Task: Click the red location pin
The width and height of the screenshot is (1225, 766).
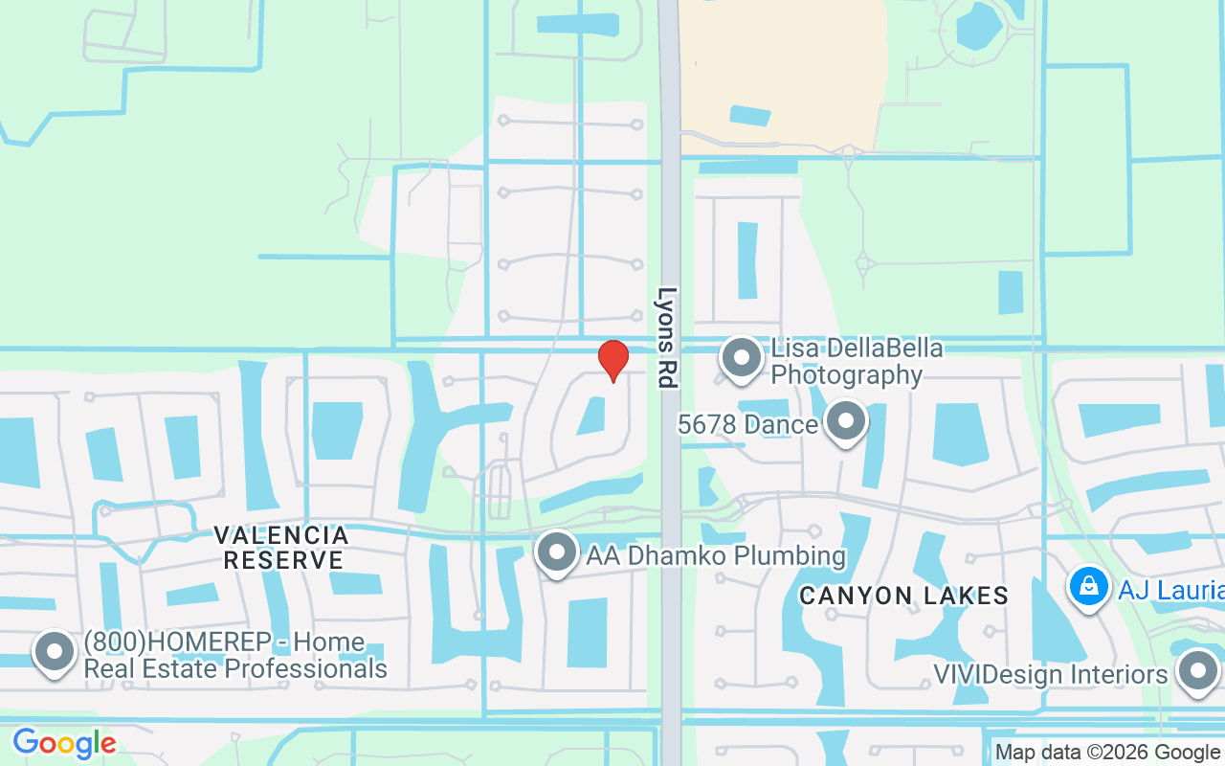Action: point(612,360)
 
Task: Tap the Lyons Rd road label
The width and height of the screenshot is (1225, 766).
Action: point(667,337)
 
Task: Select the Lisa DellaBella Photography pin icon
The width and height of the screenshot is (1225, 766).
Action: point(740,358)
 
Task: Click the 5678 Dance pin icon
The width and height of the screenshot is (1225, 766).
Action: point(845,422)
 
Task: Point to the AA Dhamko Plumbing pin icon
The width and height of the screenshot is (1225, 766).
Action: point(556,552)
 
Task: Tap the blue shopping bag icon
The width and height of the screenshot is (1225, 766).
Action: point(1088,586)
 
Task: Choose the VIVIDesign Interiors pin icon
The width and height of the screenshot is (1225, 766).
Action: point(1196,672)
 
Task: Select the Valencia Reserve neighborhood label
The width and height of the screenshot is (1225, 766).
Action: point(281,547)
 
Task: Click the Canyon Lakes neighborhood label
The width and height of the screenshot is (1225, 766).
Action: point(903,596)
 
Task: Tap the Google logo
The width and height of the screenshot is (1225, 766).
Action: point(64,743)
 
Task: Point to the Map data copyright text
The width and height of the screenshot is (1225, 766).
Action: point(1107,753)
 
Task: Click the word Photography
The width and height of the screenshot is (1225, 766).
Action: point(846,374)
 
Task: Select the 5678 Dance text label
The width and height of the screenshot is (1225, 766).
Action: point(747,424)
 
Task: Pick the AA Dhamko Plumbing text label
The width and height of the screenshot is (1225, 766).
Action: point(716,555)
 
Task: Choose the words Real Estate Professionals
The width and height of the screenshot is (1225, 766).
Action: point(235,668)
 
